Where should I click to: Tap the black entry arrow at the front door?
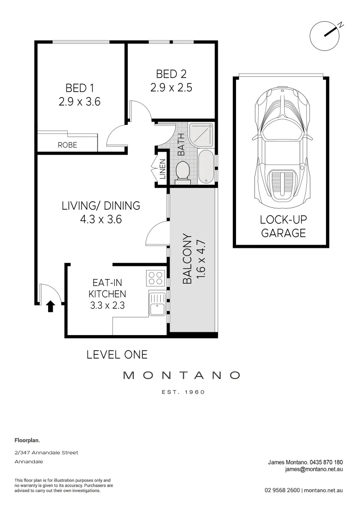(x=50, y=307)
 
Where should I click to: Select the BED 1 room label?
(x=76, y=88)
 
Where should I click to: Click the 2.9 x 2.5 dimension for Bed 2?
(x=171, y=87)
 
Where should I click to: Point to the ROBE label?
(x=67, y=145)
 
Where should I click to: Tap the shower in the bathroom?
(x=201, y=134)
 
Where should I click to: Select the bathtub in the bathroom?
(x=205, y=167)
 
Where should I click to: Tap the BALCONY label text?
(x=187, y=259)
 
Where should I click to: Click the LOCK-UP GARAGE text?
(x=283, y=226)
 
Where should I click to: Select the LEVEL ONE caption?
(x=117, y=354)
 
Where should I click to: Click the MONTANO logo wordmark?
(x=181, y=376)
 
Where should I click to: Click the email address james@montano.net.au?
(x=314, y=469)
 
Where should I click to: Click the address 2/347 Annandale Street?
(x=47, y=452)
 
